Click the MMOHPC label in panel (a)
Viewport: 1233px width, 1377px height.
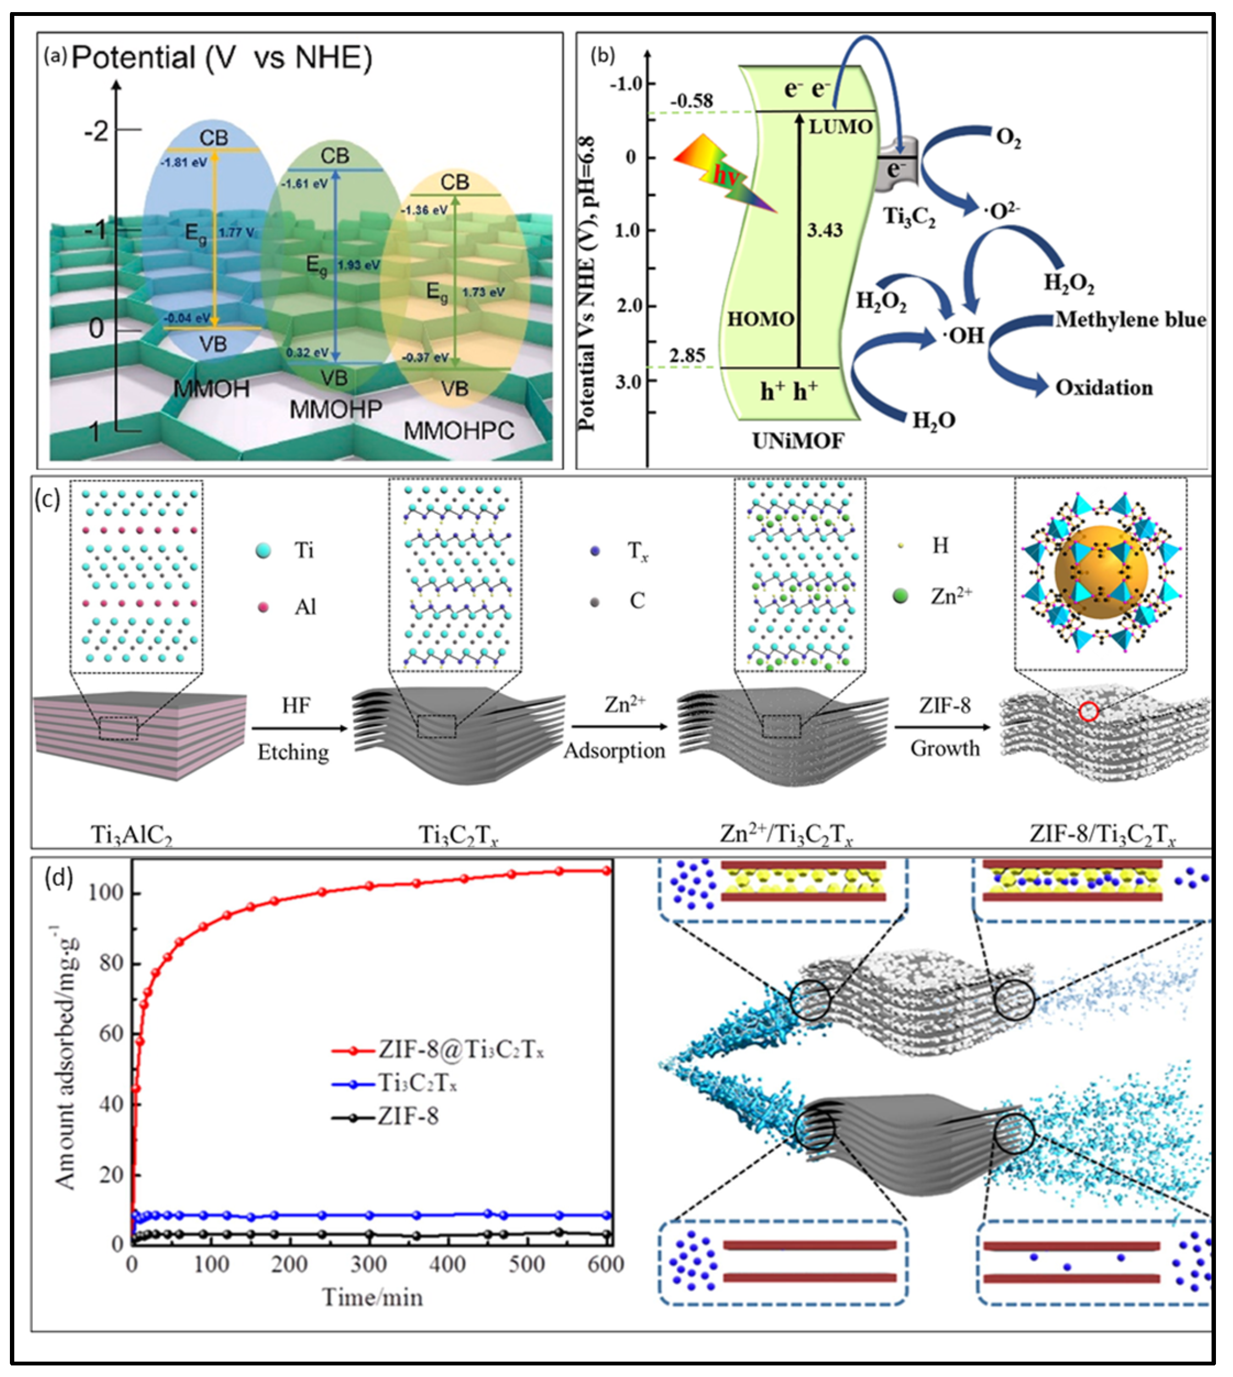click(459, 431)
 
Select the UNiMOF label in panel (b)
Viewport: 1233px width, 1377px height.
click(798, 441)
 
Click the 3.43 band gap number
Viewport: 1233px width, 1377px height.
click(824, 230)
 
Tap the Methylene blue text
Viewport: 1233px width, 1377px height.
click(1130, 320)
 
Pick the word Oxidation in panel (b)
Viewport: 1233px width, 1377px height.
click(1104, 388)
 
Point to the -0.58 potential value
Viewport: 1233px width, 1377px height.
click(692, 101)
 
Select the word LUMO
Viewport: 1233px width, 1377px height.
click(841, 126)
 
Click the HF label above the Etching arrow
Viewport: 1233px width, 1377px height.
click(296, 706)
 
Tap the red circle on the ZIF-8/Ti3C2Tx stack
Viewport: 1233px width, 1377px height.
click(1088, 711)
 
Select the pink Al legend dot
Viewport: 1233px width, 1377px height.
click(263, 607)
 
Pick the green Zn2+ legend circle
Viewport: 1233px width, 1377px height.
click(900, 596)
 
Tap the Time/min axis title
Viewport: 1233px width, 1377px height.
click(372, 1298)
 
